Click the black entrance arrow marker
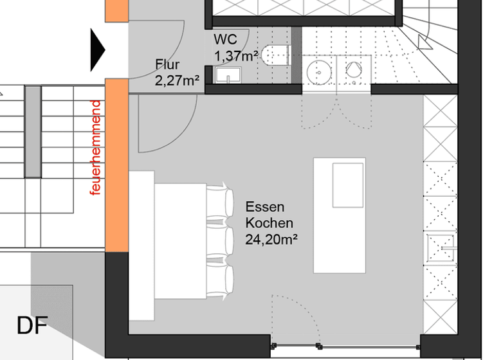coord(97,50)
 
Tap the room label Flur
coord(167,65)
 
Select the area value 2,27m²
coord(176,80)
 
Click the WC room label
coord(226,40)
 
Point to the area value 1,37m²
coord(235,56)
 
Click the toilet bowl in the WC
coord(276,55)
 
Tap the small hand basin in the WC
coord(224,76)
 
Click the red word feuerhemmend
coord(96,148)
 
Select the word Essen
coord(264,208)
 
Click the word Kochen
coord(269,224)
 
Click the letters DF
coord(32,326)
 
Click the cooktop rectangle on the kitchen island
coord(348,185)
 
